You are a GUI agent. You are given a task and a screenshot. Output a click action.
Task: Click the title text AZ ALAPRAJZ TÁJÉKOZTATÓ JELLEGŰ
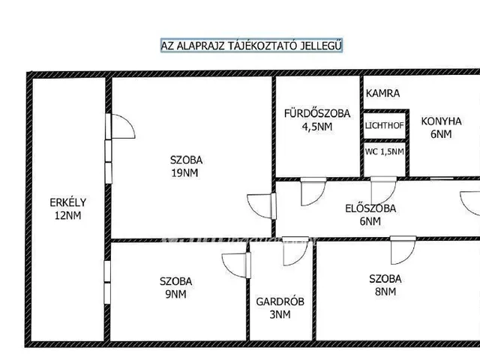tap(251, 46)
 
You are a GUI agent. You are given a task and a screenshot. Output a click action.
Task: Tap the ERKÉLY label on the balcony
tap(68, 202)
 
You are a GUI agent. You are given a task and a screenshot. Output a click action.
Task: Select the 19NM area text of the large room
tap(184, 173)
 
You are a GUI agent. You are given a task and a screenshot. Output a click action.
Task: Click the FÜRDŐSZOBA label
tap(316, 113)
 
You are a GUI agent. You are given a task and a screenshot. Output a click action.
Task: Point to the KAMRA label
tap(382, 93)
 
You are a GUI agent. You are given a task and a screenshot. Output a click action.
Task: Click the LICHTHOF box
tap(385, 125)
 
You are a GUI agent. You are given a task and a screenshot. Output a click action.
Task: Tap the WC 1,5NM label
tap(384, 151)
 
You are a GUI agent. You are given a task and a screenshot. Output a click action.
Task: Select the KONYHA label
tap(441, 121)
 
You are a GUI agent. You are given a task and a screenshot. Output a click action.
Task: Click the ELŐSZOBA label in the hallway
tap(370, 208)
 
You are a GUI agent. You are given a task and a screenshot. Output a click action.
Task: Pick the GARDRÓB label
tap(280, 301)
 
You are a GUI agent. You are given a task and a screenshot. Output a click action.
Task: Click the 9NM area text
tap(175, 294)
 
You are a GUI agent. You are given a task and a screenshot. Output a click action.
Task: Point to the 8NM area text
tap(385, 292)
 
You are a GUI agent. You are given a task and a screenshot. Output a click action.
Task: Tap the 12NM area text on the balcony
tap(68, 215)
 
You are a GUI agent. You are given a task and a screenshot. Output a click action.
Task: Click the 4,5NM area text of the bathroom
tap(317, 127)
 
